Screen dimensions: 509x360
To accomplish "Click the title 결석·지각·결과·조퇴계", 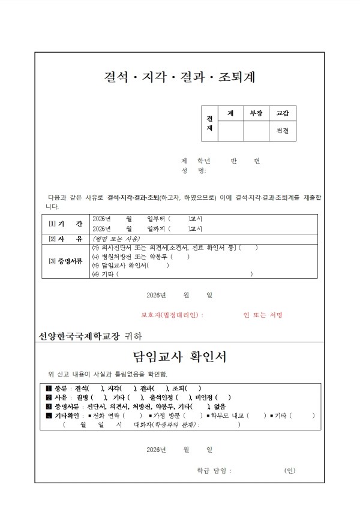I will (179, 77).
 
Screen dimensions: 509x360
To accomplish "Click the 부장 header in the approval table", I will (256, 113).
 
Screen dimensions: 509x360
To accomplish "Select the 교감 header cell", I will (282, 113).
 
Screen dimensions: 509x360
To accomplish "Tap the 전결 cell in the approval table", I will (282, 130).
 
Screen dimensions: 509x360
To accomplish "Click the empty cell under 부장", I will (256, 130).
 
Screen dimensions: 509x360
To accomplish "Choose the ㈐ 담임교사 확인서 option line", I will (129, 265).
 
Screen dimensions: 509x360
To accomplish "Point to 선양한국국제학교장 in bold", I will (79, 336).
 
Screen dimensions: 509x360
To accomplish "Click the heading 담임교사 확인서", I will (179, 357).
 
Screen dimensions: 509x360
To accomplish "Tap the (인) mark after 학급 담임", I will (290, 471).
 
